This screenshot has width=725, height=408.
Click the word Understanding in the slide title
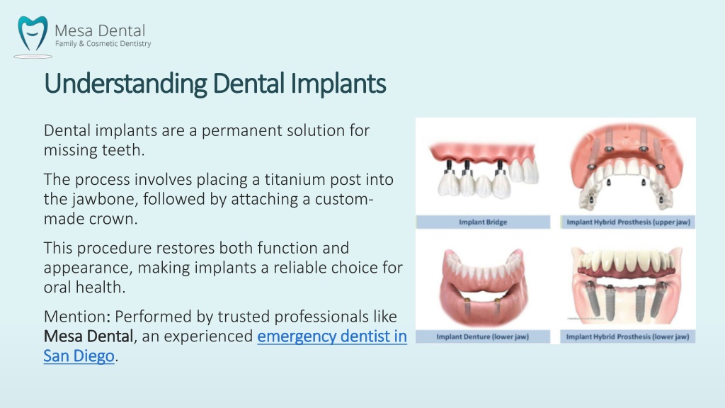[125, 84]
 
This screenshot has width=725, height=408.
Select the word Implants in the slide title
[338, 84]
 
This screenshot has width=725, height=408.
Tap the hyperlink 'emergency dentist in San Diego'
[225, 346]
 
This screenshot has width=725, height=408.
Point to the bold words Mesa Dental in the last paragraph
[89, 336]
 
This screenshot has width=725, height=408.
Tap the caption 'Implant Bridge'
[483, 222]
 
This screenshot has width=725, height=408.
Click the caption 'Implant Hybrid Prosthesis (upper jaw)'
[629, 222]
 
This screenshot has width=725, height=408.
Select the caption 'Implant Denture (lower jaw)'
[482, 336]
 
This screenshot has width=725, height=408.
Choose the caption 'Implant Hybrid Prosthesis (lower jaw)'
[627, 336]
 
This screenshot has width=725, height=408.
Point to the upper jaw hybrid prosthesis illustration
[627, 166]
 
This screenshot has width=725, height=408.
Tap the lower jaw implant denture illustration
[483, 286]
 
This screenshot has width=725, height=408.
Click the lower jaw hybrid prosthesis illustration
[627, 285]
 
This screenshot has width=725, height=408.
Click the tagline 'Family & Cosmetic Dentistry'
[103, 43]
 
